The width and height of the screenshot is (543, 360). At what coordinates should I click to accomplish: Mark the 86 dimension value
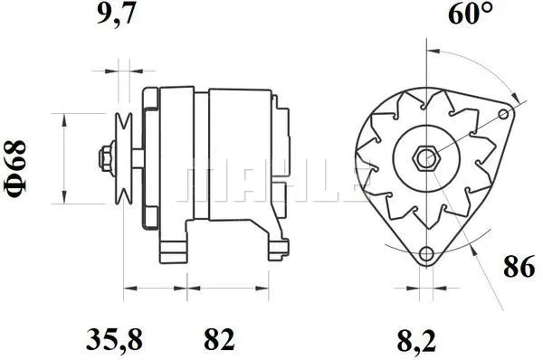519,269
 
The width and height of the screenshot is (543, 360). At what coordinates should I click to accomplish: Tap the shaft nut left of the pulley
107,158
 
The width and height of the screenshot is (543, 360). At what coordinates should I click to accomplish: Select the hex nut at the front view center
424,158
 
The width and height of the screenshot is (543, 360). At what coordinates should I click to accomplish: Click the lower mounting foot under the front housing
172,248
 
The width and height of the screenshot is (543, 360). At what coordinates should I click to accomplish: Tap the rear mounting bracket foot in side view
273,248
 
